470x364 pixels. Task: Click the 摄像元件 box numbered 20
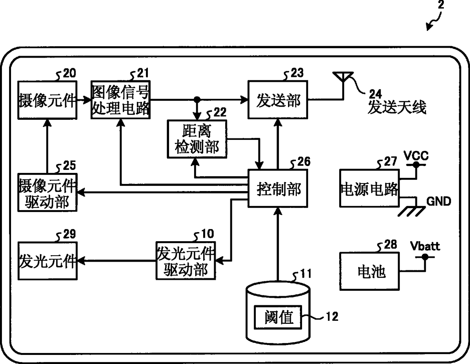47,100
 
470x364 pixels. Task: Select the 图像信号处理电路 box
121,100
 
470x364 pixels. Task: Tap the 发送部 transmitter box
278,100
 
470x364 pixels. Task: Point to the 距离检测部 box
197,139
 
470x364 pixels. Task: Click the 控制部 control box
278,188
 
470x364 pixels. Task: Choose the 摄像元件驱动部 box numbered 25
47,193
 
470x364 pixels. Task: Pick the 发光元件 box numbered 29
47,261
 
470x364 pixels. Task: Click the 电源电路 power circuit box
369,188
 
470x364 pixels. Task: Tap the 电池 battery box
369,271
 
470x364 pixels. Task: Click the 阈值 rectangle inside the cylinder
278,317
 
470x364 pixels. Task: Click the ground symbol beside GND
411,210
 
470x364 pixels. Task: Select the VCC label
416,155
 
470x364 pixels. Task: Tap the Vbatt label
425,246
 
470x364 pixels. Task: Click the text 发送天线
397,108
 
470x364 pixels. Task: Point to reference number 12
332,316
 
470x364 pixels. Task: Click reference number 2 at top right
440,5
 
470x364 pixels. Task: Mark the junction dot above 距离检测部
197,100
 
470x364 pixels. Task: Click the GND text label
439,201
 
